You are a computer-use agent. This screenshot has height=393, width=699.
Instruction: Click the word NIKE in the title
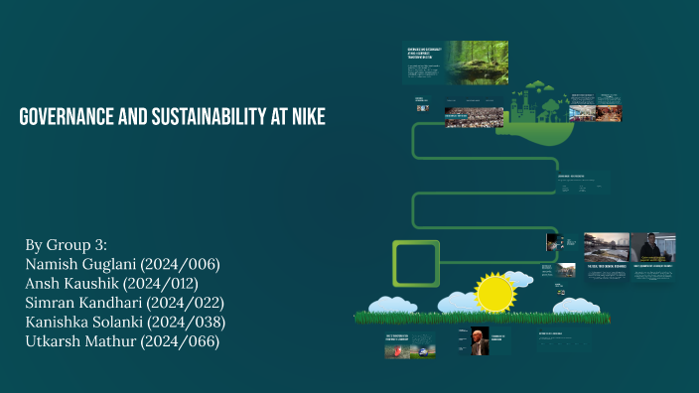click(306, 118)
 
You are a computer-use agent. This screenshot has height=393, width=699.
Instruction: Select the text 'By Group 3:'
click(64, 245)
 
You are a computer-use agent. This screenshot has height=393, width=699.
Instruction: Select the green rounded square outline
click(416, 263)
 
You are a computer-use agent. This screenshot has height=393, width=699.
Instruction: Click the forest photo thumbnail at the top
click(475, 62)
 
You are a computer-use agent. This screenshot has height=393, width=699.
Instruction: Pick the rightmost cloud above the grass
click(581, 305)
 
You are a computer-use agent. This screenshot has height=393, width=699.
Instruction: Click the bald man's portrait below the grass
click(483, 339)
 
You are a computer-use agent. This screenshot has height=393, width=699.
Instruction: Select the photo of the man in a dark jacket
click(652, 246)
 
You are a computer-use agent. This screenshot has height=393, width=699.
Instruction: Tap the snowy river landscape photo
click(606, 246)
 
